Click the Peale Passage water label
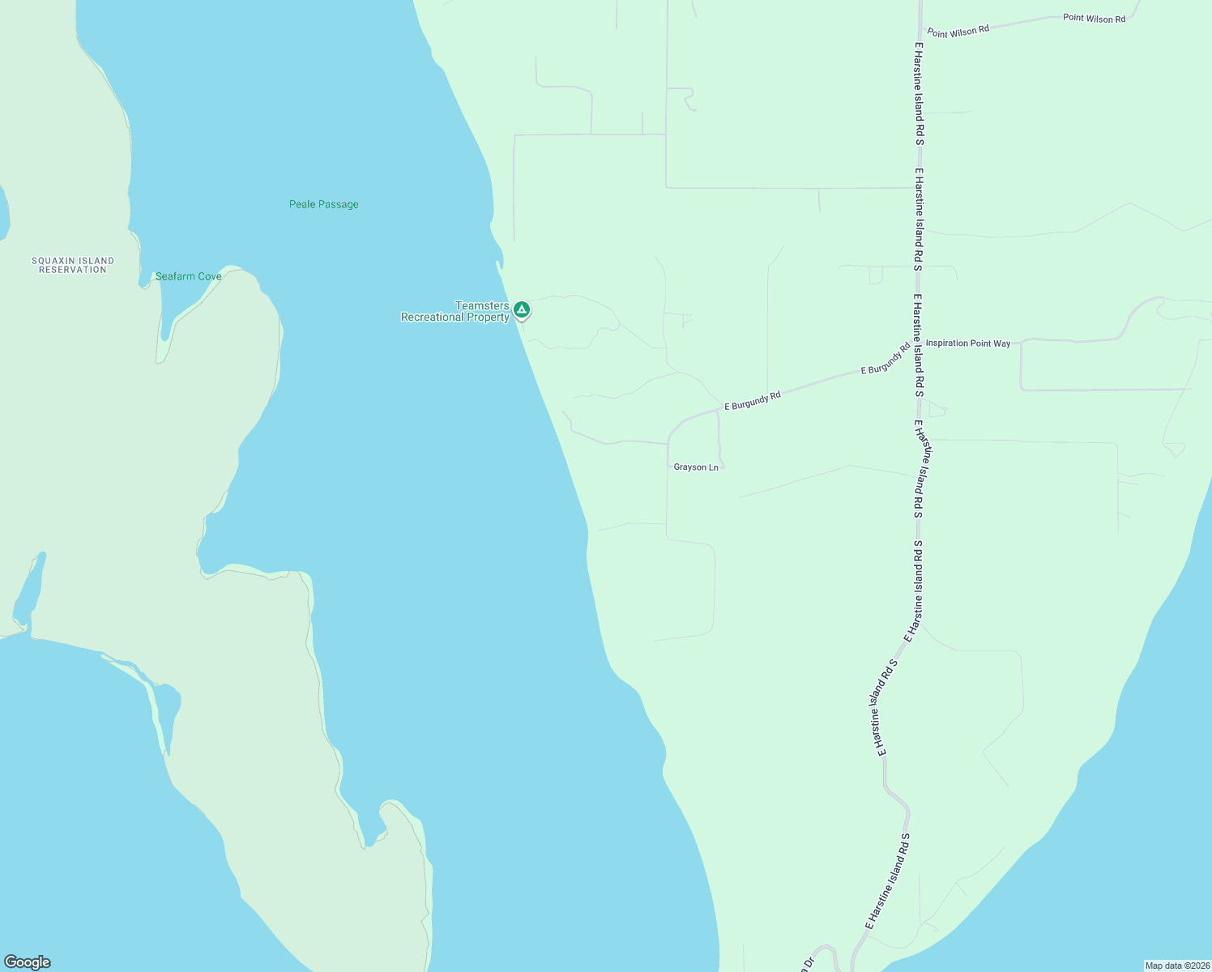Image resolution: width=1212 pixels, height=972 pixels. click(323, 204)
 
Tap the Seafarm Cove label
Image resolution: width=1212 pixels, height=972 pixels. click(188, 276)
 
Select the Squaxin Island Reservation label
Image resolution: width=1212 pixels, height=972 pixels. click(73, 265)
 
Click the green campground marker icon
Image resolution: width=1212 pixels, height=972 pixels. click(523, 309)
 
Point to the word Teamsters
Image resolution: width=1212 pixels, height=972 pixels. click(482, 305)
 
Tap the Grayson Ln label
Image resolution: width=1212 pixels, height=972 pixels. click(696, 467)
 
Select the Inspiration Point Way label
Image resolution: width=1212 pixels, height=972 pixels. click(968, 343)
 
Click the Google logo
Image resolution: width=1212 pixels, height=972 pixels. click(28, 962)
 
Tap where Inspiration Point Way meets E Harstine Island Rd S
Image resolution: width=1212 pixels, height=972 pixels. click(918, 343)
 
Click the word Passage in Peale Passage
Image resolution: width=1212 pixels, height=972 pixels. click(339, 204)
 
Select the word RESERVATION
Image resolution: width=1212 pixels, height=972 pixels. click(73, 270)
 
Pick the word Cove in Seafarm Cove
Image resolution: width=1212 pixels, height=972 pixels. click(209, 276)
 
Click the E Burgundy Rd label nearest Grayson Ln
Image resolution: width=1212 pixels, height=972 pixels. click(752, 400)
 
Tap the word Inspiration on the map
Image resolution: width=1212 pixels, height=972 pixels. click(947, 343)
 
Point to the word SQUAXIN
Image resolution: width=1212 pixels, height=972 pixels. click(50, 261)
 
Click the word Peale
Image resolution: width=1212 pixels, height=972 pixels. click(302, 204)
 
